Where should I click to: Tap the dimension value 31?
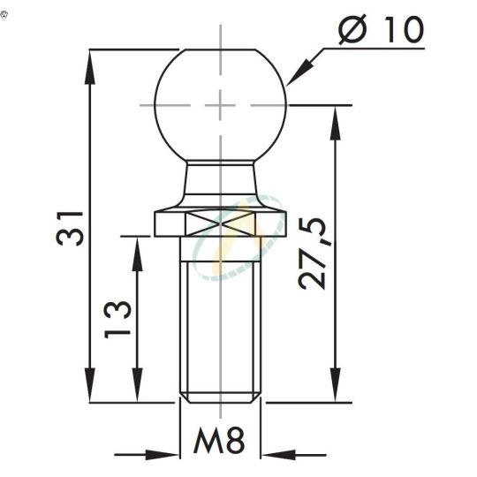point(71,227)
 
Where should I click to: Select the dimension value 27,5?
point(314,255)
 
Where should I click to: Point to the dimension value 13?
point(118,319)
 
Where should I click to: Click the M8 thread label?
point(218,443)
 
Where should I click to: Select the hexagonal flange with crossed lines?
point(221,223)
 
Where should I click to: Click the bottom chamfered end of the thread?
point(221,397)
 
